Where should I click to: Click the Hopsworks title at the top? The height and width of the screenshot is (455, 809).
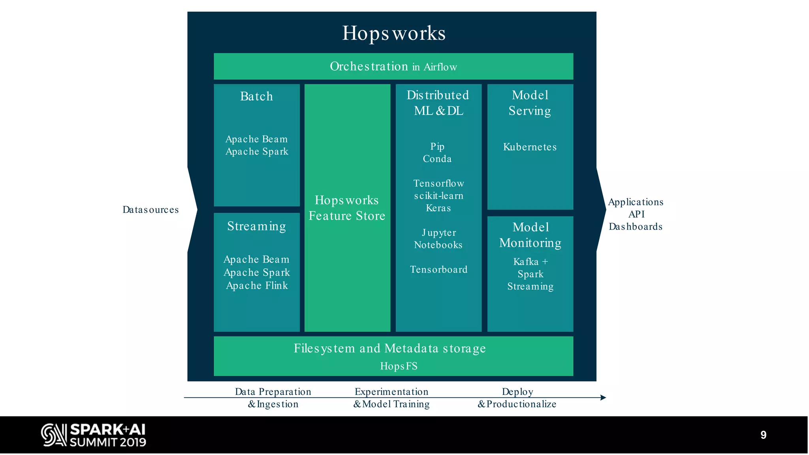(393, 33)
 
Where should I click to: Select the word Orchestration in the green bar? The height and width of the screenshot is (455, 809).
(369, 66)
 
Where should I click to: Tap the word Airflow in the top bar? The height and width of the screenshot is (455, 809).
(440, 67)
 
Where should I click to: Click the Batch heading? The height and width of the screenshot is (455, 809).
(256, 96)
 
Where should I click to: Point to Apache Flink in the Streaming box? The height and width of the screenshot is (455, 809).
(257, 286)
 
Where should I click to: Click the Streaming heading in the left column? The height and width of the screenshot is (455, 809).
(256, 226)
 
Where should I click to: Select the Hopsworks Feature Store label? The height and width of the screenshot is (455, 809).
(347, 208)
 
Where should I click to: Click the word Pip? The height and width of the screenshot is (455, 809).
(437, 147)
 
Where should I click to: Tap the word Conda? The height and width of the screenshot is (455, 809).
(437, 159)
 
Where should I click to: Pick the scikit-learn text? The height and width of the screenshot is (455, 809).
(438, 196)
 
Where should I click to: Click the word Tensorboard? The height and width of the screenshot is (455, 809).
(438, 270)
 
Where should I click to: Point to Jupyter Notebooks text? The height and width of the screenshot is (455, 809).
(438, 239)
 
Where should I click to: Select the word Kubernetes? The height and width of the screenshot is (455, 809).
(530, 147)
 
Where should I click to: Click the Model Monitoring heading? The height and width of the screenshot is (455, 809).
(530, 235)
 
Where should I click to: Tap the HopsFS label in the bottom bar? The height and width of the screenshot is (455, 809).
(399, 366)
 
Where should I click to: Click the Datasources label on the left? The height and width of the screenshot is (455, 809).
(151, 210)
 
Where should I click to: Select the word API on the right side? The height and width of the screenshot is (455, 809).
(636, 214)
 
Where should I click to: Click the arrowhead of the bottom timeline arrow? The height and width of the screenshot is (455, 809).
(603, 398)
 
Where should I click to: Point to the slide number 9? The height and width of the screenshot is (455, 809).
(763, 435)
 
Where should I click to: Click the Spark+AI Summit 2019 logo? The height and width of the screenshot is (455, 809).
(94, 435)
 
